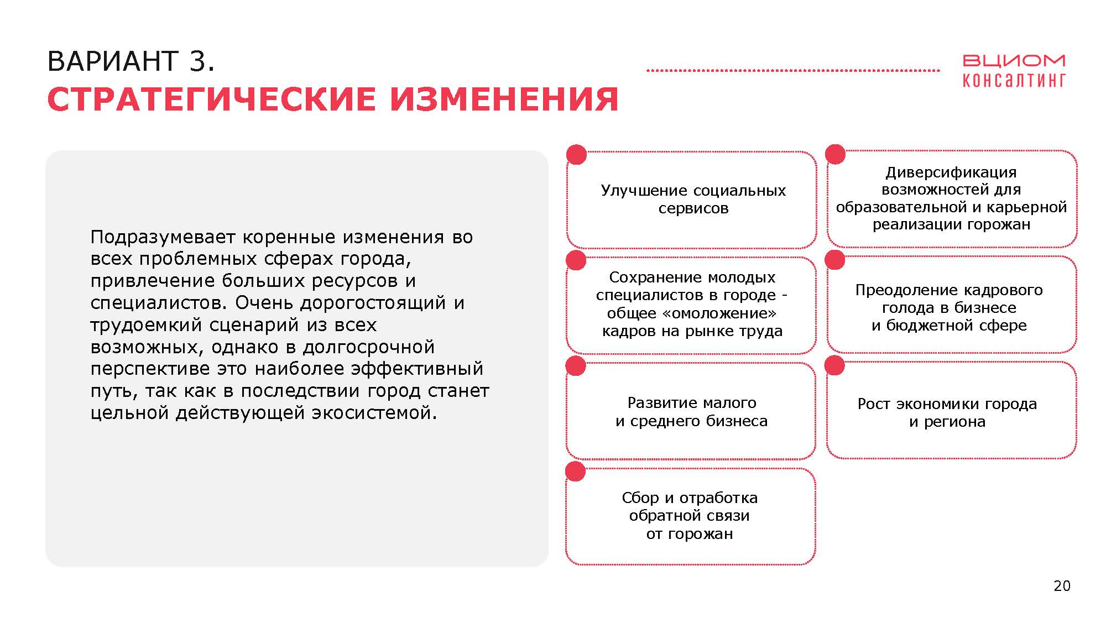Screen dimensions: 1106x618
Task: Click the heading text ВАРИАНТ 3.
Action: click(131, 61)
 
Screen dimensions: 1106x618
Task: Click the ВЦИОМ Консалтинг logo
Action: click(1014, 71)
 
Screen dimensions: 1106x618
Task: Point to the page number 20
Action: click(1062, 586)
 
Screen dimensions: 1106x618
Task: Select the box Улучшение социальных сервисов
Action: click(692, 200)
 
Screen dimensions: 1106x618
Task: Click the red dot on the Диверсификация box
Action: click(835, 154)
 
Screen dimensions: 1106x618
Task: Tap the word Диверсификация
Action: click(951, 172)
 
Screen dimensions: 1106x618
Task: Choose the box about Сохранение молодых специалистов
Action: click(691, 305)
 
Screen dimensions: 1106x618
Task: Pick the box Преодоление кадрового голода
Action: click(952, 305)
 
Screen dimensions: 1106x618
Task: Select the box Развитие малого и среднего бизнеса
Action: click(691, 411)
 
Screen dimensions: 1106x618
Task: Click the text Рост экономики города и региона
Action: click(947, 412)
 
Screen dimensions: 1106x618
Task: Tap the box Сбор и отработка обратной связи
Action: click(690, 516)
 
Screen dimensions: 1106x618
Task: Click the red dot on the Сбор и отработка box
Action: click(575, 471)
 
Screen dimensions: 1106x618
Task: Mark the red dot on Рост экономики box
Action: click(834, 365)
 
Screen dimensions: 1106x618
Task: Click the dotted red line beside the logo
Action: click(793, 71)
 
